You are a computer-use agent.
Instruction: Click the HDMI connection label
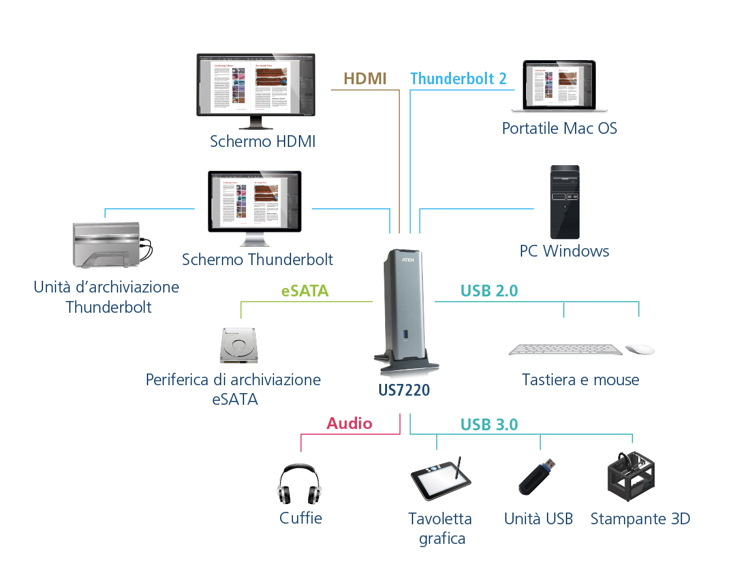365,79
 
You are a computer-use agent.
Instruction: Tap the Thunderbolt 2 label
458,79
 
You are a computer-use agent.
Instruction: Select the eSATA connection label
305,291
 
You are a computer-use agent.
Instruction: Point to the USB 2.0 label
489,291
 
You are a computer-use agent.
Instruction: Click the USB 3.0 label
489,425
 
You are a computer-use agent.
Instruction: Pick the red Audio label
349,424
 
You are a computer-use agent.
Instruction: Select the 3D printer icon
630,479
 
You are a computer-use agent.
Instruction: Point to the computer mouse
640,349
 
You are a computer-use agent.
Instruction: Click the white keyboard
565,350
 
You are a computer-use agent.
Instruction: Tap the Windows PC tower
565,202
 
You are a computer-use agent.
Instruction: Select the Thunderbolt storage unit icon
108,245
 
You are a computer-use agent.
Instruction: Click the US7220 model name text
404,390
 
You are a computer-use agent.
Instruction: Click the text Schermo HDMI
262,142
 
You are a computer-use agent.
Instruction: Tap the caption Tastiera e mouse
580,380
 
